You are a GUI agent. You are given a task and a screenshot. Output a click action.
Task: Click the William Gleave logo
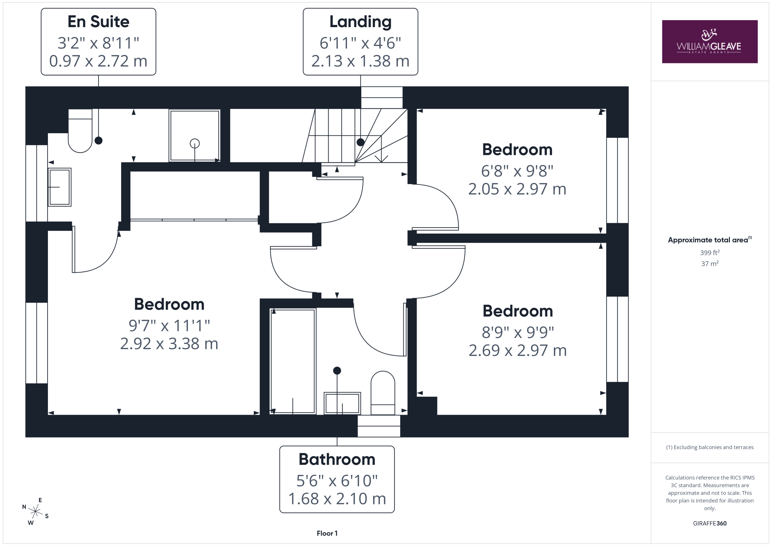coord(710,42)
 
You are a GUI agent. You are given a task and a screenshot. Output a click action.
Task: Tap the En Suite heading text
coord(99,21)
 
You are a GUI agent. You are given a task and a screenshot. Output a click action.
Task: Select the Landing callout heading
coord(360,22)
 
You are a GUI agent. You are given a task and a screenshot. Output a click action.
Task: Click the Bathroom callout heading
coord(337,459)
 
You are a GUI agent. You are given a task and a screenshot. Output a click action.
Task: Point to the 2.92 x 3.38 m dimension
coord(169,344)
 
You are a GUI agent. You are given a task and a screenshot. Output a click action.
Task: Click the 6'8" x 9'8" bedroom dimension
coord(517,171)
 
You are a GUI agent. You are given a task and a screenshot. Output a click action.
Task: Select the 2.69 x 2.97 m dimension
coord(518,350)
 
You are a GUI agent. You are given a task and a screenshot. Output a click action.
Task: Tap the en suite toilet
coord(80,131)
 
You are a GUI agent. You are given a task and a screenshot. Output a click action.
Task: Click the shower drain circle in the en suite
coord(195,144)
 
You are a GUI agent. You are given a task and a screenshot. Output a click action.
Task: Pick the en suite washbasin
coord(59,187)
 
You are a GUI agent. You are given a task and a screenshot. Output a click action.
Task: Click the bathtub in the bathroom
coord(293,361)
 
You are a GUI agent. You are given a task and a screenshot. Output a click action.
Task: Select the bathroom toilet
coord(383,393)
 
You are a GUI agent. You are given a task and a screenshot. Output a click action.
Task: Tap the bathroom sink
coord(342,403)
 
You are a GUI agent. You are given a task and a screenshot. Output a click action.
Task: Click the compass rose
coord(35,511)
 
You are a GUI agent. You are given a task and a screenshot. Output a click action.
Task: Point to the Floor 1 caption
coord(327,533)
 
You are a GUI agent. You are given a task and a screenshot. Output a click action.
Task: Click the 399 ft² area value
coord(710,252)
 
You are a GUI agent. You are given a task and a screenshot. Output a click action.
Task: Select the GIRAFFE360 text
coord(710,523)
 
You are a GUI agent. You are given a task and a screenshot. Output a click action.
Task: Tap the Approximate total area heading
coord(710,239)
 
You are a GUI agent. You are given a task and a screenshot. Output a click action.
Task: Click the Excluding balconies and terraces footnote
coord(710,447)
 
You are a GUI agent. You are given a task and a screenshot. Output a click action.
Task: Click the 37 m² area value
coord(710,263)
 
